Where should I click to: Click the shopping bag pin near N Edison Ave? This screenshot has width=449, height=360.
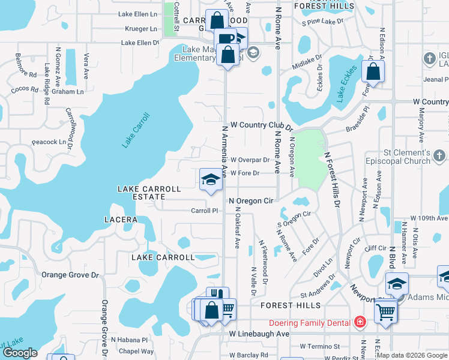pos(373,72)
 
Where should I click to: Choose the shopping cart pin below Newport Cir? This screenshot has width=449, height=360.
pos(385,311)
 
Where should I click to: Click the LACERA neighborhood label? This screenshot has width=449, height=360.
pos(121,220)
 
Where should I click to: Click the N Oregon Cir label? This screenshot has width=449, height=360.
pos(251,201)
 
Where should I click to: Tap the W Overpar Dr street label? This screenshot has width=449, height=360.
pos(250,160)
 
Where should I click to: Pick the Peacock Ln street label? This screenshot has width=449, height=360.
pos(49,142)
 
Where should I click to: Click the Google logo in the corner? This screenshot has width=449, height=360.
pos(19,353)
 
